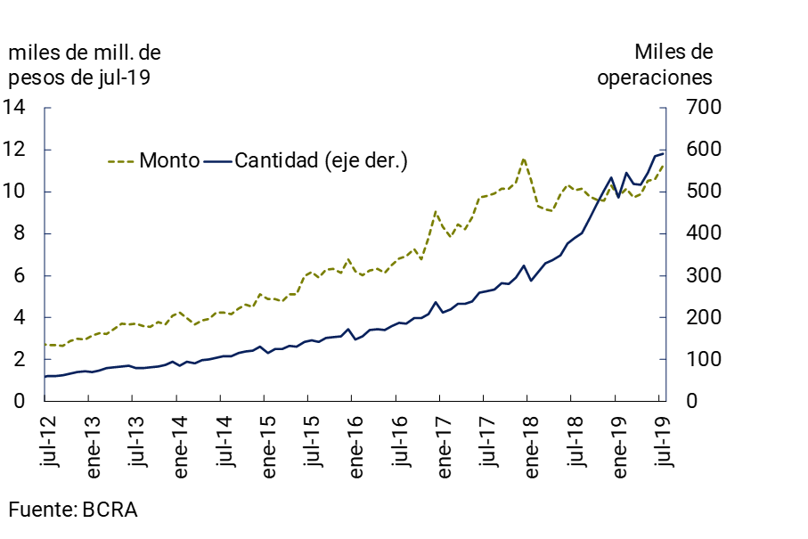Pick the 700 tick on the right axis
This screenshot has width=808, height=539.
click(697, 108)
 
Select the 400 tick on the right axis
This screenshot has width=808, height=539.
click(697, 233)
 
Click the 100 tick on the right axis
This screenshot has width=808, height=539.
click(697, 359)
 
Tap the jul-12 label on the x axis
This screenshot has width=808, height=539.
click(46, 441)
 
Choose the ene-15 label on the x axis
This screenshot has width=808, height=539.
click(265, 445)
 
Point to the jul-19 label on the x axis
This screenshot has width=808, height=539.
click(661, 441)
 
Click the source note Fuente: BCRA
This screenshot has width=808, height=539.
click(73, 510)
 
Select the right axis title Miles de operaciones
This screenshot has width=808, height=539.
click(655, 64)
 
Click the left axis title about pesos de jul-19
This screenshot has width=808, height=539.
click(86, 64)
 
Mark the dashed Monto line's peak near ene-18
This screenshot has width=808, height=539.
click(524, 159)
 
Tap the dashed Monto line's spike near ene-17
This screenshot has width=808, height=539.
click(436, 212)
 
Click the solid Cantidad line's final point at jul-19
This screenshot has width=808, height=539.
click(663, 154)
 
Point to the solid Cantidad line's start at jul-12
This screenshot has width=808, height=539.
click(45, 376)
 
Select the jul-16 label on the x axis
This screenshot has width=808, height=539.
click(396, 441)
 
